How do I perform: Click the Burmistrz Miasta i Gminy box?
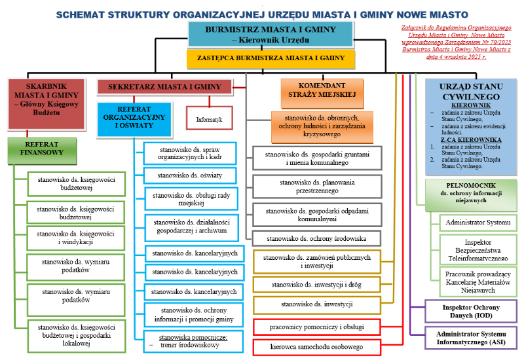[271, 34]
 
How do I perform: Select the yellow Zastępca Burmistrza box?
[271, 58]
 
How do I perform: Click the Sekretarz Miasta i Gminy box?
[164, 86]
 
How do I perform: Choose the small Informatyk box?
[210, 120]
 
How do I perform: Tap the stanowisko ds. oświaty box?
[190, 175]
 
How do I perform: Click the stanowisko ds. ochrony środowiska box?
[317, 238]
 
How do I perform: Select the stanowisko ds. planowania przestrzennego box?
[317, 187]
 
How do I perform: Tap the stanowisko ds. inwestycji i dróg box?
[316, 285]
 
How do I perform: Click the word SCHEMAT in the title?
[84, 13]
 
